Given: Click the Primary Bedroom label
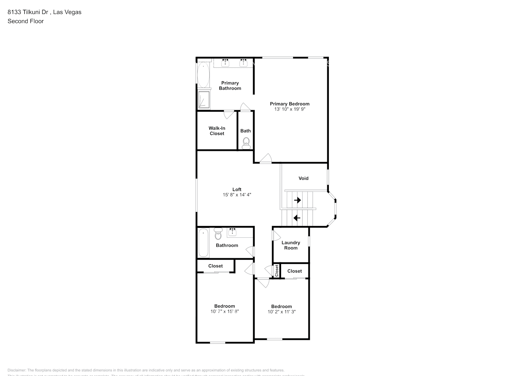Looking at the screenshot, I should pyautogui.click(x=289, y=104).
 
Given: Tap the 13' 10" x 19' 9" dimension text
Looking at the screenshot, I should pyautogui.click(x=289, y=109).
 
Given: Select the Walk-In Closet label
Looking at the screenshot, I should pyautogui.click(x=217, y=131).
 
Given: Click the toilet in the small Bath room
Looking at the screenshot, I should pyautogui.click(x=246, y=142).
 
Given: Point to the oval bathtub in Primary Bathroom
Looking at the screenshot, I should pyautogui.click(x=204, y=75).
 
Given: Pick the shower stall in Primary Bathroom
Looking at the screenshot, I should pyautogui.click(x=204, y=100).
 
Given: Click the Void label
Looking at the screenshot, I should pyautogui.click(x=303, y=178).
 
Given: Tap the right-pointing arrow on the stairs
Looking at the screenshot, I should pyautogui.click(x=298, y=200).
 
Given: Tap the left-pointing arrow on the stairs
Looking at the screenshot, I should pyautogui.click(x=297, y=218).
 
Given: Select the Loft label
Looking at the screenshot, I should pyautogui.click(x=237, y=190).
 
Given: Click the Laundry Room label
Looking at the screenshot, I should pyautogui.click(x=290, y=245).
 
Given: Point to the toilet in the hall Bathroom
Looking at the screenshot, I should pyautogui.click(x=218, y=234).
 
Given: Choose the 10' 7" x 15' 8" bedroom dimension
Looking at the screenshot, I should pyautogui.click(x=225, y=311).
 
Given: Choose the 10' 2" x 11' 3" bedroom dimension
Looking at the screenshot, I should pyautogui.click(x=281, y=312).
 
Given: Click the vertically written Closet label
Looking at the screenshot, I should pyautogui.click(x=277, y=271).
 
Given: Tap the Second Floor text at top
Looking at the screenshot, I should pyautogui.click(x=26, y=21).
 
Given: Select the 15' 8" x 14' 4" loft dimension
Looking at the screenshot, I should pyautogui.click(x=237, y=195).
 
